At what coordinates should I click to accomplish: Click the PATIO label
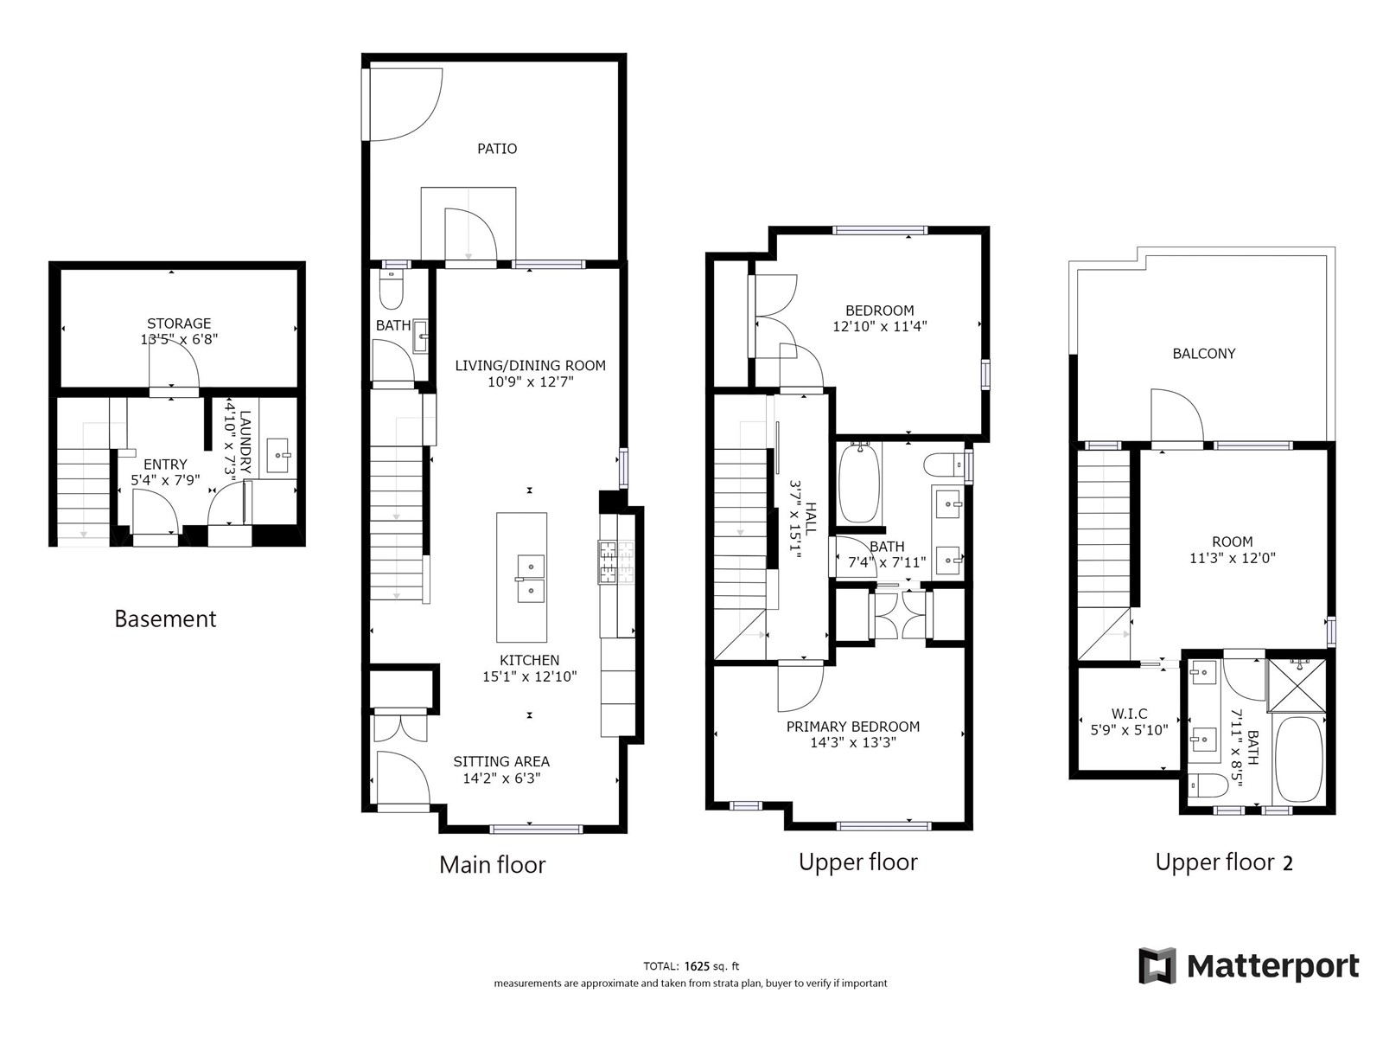pos(497,149)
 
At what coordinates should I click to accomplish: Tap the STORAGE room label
pos(179,324)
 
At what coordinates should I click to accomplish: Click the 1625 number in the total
pos(697,966)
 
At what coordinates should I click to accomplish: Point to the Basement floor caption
pos(165,618)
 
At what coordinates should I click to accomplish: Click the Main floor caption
pos(492,865)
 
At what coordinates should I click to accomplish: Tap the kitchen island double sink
pos(531,579)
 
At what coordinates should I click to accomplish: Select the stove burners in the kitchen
pos(616,562)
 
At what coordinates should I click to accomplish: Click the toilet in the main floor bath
pos(391,291)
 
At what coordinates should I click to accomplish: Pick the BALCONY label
pos(1203,354)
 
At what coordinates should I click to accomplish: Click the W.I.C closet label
pos(1129,714)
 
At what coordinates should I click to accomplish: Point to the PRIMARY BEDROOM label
pos(852,727)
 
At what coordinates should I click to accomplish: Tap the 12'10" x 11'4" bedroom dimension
pos(880,326)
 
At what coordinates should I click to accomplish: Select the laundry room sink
pos(277,455)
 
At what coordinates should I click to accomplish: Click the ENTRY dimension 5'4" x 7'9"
pos(165,480)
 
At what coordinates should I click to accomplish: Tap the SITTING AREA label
pos(501,762)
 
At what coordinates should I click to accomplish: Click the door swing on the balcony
pos(1177,416)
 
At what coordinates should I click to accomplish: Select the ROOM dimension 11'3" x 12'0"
pos(1232,558)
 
